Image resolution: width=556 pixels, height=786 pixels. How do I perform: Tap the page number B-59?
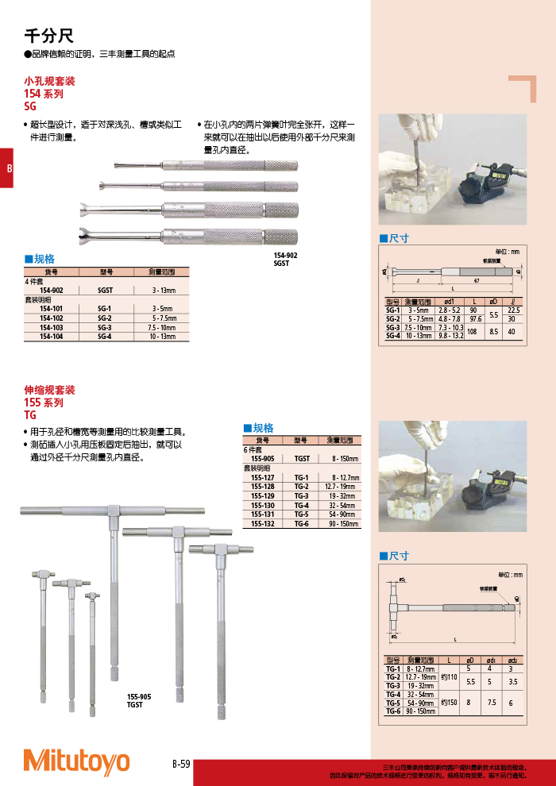click(181, 764)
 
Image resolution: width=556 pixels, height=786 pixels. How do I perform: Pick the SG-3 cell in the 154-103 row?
click(105, 327)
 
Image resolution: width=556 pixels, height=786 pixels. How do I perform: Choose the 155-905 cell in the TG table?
click(262, 459)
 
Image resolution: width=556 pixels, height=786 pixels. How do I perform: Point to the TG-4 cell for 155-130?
click(301, 504)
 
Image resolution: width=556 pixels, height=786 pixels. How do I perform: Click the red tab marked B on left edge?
click(7, 168)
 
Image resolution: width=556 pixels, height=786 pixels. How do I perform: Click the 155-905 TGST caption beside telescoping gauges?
click(139, 700)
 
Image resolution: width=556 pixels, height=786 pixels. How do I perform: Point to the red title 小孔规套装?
click(50, 81)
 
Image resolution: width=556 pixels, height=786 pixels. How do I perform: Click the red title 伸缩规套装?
click(50, 390)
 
